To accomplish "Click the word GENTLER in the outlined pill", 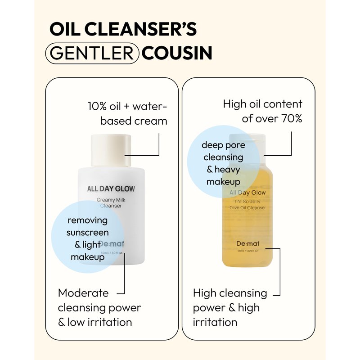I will [92, 53].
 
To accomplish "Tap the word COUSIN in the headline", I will [177, 53].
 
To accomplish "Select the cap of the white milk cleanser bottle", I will [111, 150].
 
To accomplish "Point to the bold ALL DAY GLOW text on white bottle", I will [111, 189].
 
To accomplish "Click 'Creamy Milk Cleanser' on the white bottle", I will [111, 203].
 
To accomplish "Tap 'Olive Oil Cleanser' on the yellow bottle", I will [247, 207].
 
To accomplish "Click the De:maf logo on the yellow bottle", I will [247, 244].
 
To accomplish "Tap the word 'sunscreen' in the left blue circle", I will [87, 233].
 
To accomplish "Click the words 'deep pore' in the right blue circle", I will [223, 145].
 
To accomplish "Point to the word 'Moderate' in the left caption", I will [83, 293].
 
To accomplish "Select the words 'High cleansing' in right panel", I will [230, 293].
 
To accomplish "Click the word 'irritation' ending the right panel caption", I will [215, 322].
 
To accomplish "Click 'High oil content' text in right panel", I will [263, 104].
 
